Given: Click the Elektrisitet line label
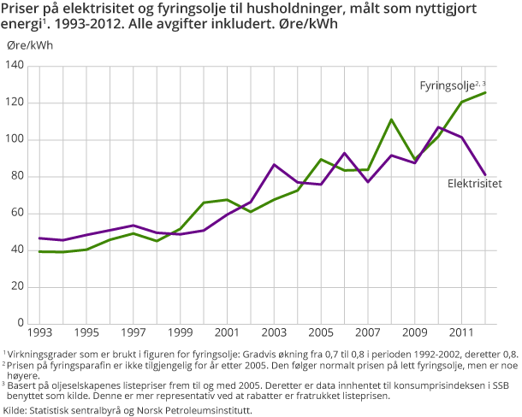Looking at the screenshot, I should point(474,183).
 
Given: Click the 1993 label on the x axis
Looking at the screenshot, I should point(39,332).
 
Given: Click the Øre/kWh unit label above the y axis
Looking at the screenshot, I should point(29,46).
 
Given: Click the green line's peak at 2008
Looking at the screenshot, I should point(391,120).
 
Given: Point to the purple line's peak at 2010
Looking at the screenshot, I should point(438,127).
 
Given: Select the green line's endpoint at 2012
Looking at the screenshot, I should point(485,92).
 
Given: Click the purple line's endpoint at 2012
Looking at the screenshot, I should point(485,174).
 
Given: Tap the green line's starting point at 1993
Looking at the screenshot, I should point(39,251).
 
